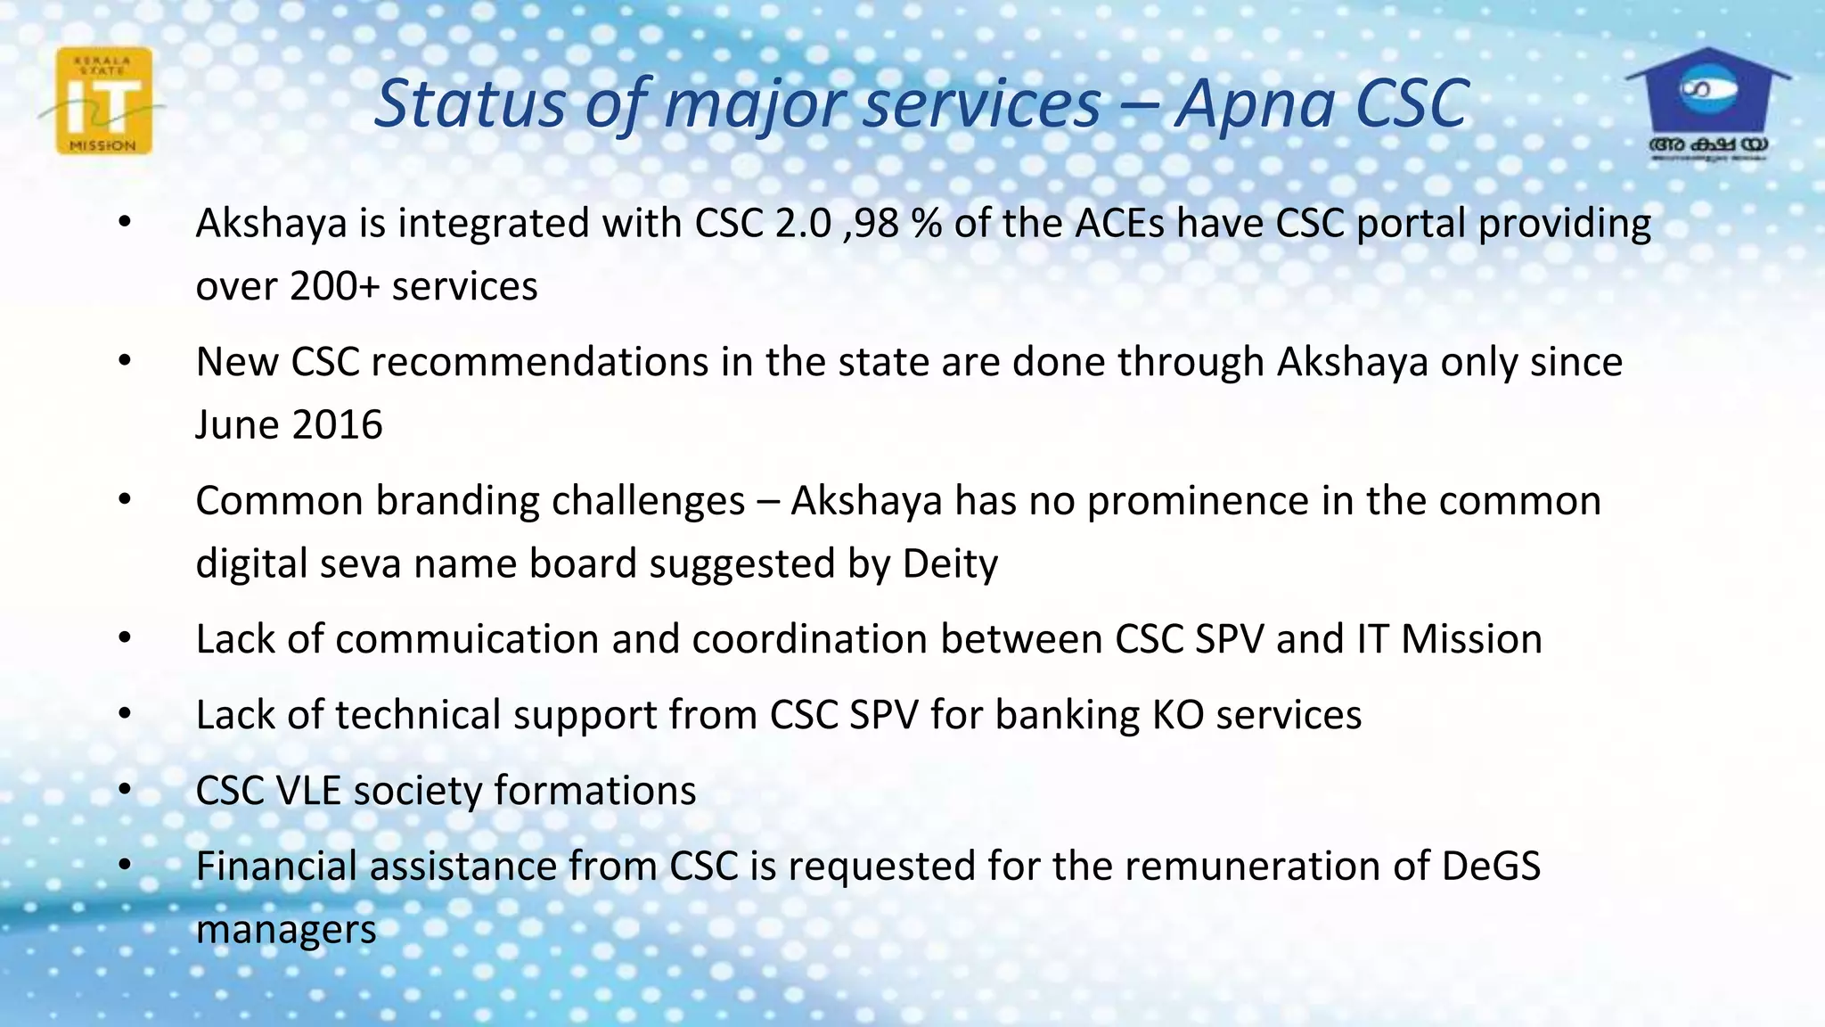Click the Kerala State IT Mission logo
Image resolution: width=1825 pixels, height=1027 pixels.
[x=103, y=102]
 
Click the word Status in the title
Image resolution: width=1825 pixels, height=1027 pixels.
[x=470, y=103]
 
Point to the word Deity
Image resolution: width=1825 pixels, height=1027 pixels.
[x=950, y=564]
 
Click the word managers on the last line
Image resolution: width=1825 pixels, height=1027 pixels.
[x=286, y=930]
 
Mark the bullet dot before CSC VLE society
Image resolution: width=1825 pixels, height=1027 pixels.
[x=125, y=791]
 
